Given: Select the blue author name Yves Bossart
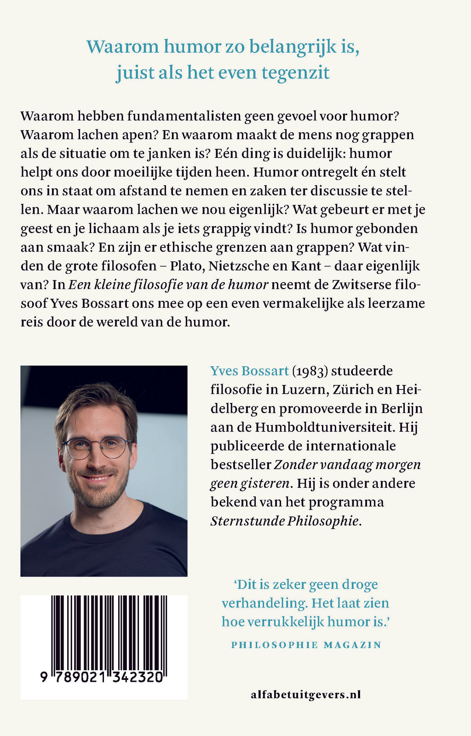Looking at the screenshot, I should (249, 371).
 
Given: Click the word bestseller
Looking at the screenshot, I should (241, 464).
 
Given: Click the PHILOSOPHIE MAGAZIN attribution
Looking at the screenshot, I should (306, 645).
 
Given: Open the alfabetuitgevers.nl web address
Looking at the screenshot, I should (306, 695).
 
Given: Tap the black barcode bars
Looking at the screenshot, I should (109, 632).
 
